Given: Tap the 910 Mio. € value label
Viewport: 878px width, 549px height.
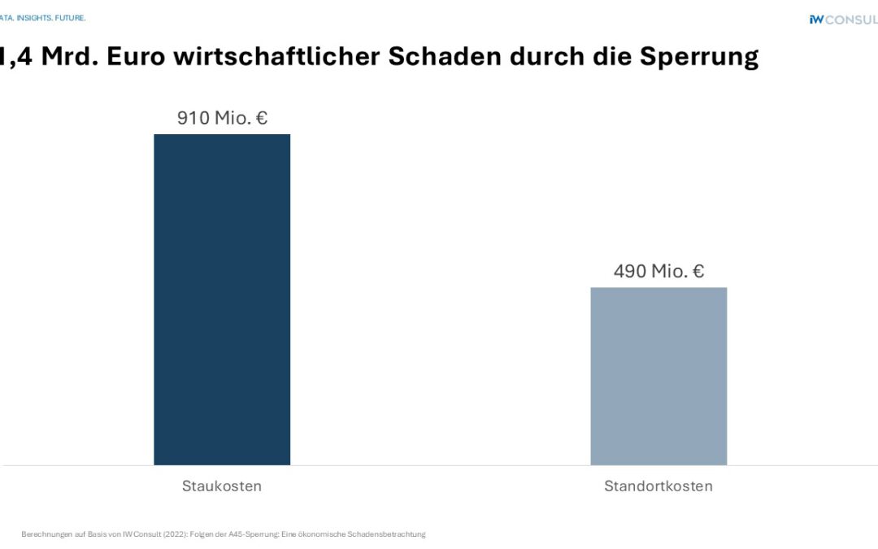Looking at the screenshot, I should coord(222,118).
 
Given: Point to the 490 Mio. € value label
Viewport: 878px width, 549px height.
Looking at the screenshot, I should coord(658,271).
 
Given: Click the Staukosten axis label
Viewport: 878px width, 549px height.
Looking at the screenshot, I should coord(222,486).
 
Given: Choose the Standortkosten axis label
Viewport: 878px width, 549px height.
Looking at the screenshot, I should coord(658,486).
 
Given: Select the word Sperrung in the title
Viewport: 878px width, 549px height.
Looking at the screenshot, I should coord(698,56).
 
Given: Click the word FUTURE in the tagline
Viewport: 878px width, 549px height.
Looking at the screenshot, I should coord(70,18).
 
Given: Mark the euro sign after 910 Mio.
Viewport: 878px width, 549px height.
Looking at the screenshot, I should coord(260,118).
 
